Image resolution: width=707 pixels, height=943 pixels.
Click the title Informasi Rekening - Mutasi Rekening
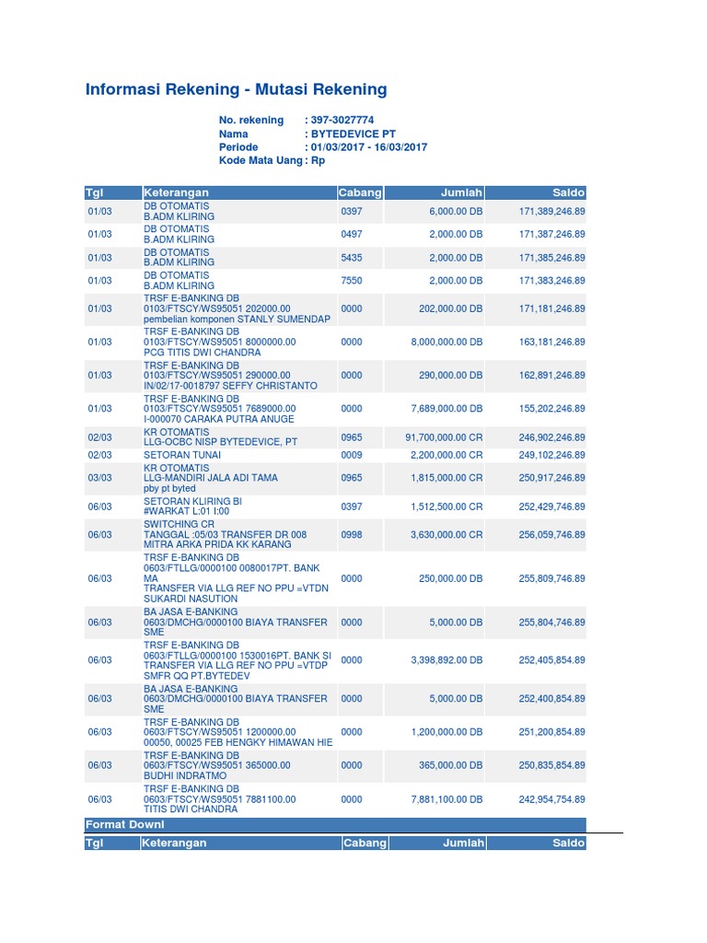click(236, 89)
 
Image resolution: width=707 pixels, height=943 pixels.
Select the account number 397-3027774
click(342, 121)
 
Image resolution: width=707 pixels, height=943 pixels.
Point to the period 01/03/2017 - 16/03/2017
click(368, 147)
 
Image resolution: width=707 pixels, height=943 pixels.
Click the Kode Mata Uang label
click(261, 160)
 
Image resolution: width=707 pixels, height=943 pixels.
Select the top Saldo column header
click(568, 192)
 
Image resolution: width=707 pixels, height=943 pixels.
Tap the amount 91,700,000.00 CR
click(444, 438)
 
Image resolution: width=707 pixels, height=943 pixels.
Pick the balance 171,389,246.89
click(552, 212)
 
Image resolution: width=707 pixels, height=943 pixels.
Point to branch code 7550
click(352, 281)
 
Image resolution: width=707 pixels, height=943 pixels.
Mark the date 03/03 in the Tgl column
click(99, 478)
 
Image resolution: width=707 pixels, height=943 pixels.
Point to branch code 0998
click(352, 534)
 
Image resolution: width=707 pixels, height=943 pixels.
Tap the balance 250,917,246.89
click(552, 478)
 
